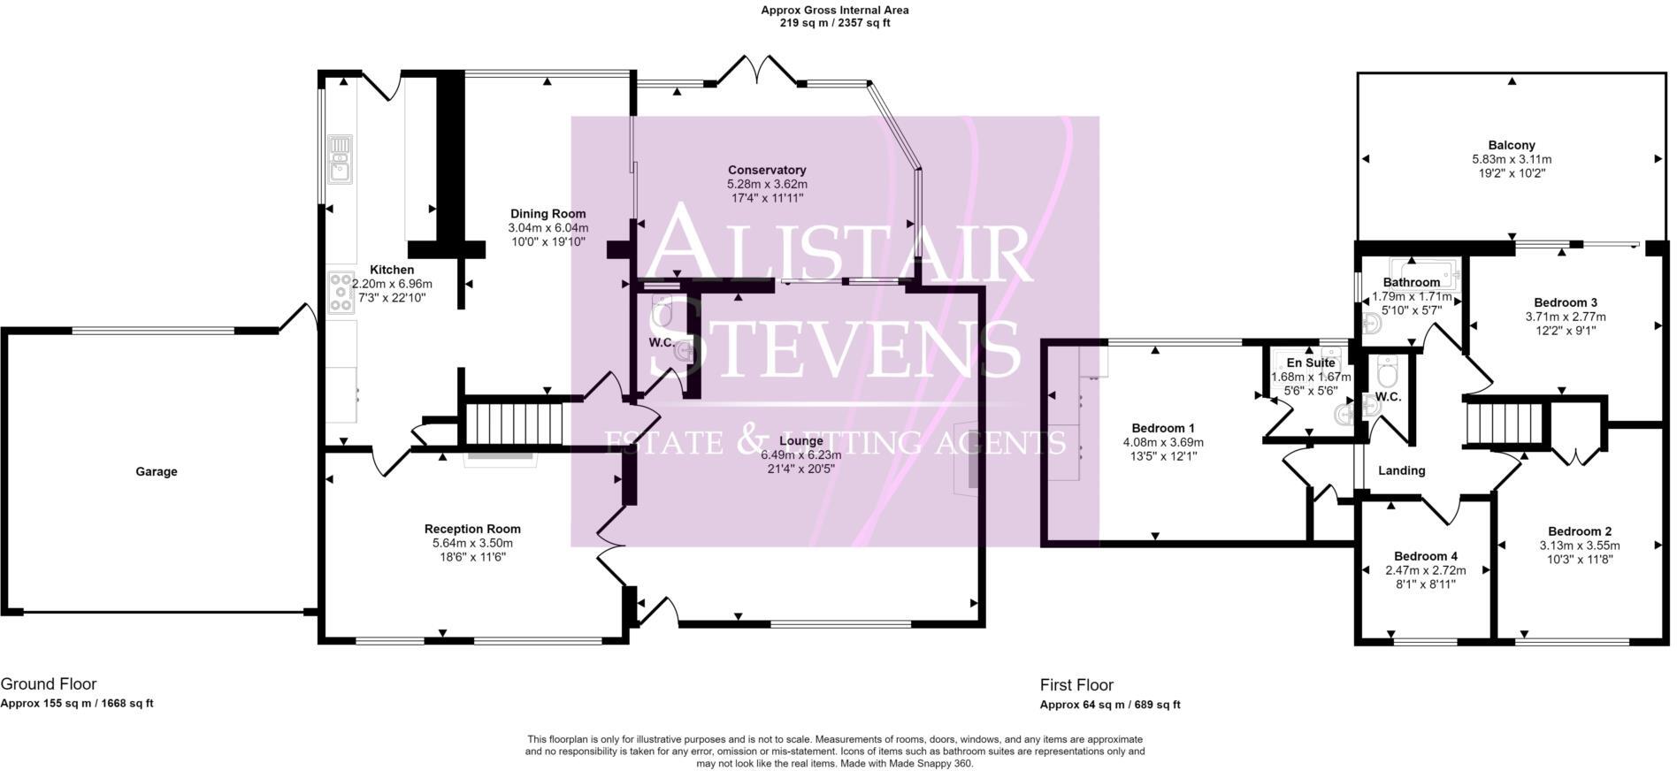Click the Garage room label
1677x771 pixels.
coord(156,471)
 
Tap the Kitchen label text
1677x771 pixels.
coord(391,270)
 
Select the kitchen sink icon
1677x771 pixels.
coord(340,158)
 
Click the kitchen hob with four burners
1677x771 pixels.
coord(341,293)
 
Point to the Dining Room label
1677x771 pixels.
coord(548,213)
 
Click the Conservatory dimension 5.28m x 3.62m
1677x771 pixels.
coord(766,184)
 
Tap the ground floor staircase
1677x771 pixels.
coord(514,424)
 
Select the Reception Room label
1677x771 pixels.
coord(472,529)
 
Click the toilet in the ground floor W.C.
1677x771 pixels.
coord(663,310)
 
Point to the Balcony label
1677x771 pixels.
coord(1511,145)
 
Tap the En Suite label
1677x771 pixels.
coord(1310,363)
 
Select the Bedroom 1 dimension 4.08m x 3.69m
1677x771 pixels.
coord(1162,442)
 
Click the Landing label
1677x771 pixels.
coord(1401,470)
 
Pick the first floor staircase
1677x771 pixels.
coord(1504,424)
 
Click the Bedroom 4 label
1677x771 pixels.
coord(1425,556)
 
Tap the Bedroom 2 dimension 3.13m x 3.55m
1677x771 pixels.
coord(1579,546)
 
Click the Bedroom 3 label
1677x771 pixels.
coord(1565,302)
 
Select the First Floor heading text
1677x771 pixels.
coord(1076,685)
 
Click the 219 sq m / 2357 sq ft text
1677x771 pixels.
coord(834,23)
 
